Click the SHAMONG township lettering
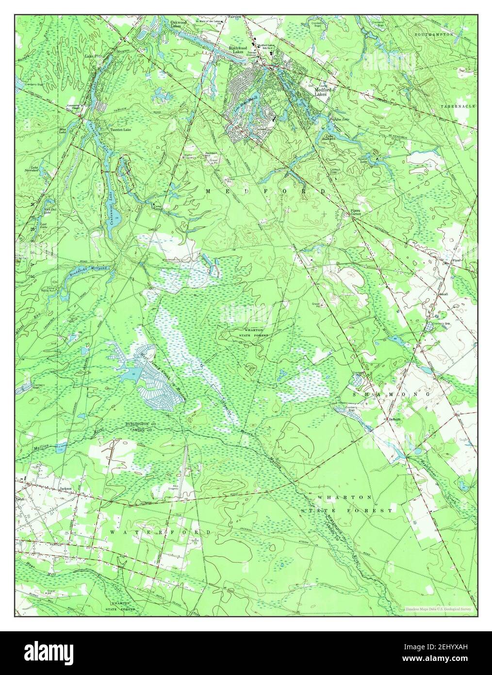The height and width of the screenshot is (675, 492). click(x=392, y=395)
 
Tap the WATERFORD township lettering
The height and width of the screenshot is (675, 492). click(x=161, y=532)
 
